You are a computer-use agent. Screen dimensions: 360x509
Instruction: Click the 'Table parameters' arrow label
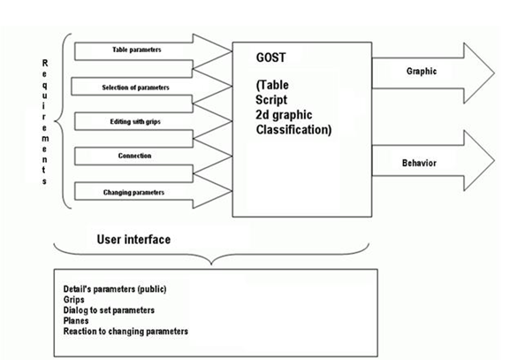137,50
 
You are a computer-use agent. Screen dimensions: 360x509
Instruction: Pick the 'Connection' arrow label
134,156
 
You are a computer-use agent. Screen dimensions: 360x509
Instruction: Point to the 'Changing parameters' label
134,191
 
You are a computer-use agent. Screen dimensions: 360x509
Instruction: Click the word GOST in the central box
270,57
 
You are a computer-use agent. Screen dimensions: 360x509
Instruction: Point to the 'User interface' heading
133,240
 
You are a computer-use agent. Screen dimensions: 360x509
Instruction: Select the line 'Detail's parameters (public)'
115,288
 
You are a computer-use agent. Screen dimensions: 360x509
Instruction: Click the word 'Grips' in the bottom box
73,299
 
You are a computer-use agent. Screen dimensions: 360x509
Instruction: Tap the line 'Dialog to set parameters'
110,310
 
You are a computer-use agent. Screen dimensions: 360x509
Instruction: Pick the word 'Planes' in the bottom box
77,320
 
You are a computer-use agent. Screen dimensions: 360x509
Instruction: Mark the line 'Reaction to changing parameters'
126,331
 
